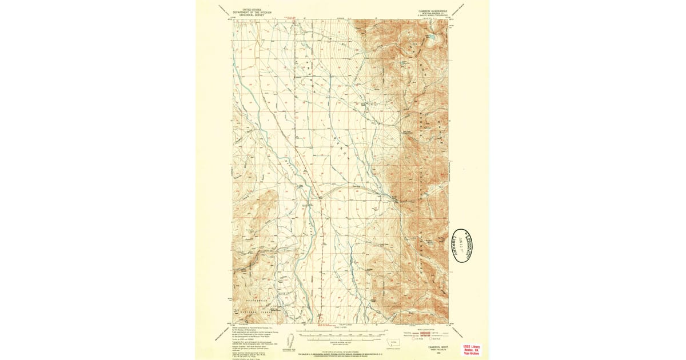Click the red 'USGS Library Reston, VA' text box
point(472,350)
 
